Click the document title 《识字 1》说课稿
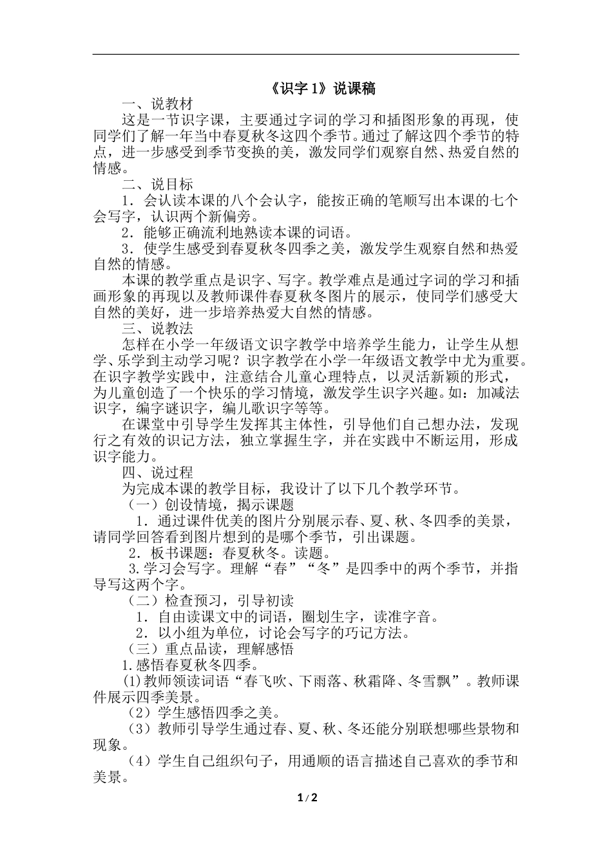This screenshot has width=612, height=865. click(x=306, y=89)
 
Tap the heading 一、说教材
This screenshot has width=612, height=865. click(x=157, y=104)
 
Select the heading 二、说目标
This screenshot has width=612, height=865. click(x=157, y=184)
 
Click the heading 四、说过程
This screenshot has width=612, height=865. click(x=157, y=473)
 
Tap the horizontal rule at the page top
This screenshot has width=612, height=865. click(x=306, y=54)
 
